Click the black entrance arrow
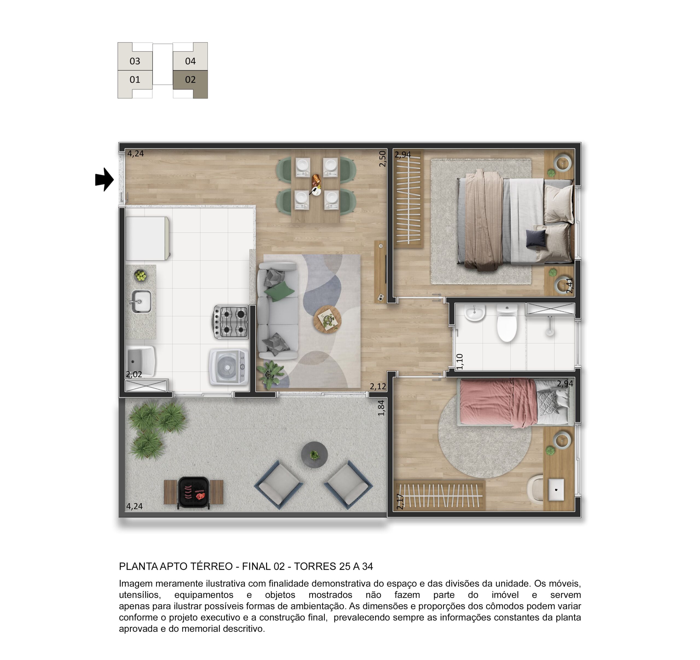[x=104, y=180]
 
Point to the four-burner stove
[x=230, y=322]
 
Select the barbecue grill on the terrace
[x=194, y=492]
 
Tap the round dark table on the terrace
[x=314, y=455]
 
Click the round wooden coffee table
[x=328, y=320]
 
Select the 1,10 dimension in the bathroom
[x=459, y=361]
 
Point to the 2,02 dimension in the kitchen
[x=134, y=374]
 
